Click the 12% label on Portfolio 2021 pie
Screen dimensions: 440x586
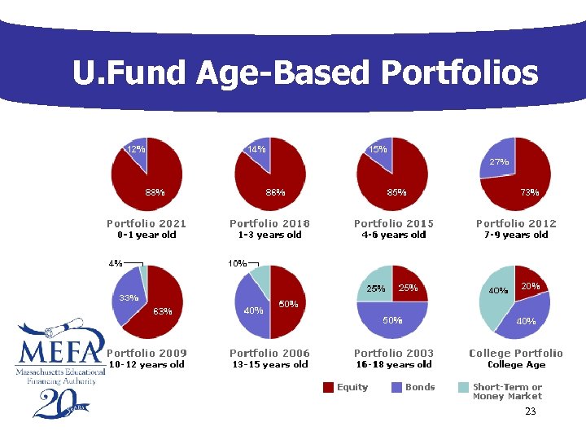[x=135, y=149]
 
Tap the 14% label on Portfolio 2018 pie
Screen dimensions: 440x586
[x=256, y=149]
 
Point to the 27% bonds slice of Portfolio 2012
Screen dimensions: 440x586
[x=499, y=163]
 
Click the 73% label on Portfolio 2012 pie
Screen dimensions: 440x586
[x=529, y=192]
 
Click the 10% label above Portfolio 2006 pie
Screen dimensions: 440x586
[x=238, y=263]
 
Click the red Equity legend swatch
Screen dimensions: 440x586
[x=328, y=388]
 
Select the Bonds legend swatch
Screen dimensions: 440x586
[x=396, y=388]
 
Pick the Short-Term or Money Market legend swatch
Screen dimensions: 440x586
[x=464, y=388]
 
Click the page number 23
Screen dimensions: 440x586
[x=530, y=411]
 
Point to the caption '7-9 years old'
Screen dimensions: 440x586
[x=516, y=235]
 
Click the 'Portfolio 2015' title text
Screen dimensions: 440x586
[x=393, y=223]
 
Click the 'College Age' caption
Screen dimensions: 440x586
[x=516, y=365]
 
